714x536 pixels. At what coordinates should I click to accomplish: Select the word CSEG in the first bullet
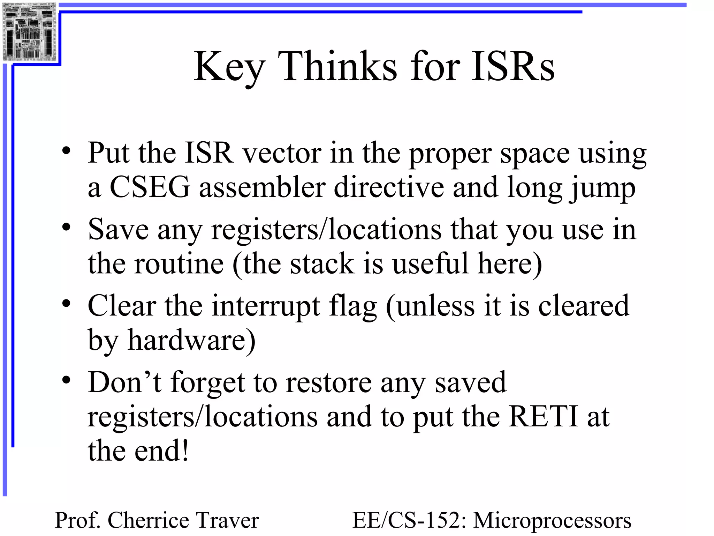[150, 187]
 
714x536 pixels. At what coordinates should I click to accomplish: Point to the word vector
[282, 153]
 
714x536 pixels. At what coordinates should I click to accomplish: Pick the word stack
[322, 264]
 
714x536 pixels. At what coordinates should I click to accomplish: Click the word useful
[431, 264]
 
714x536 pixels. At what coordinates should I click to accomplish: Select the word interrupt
[266, 306]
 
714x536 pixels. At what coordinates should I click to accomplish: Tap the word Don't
[124, 382]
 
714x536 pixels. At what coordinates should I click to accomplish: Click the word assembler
[262, 187]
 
